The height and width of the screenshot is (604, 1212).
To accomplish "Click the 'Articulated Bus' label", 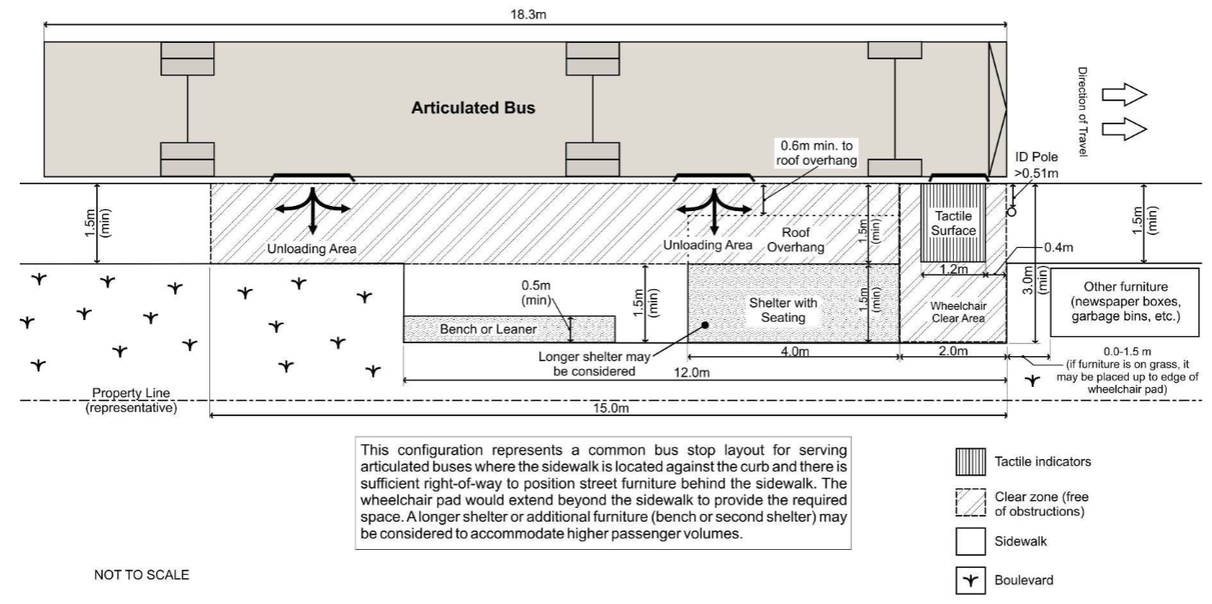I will (x=472, y=109).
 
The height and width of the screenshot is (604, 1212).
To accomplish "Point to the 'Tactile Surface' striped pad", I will (x=953, y=223).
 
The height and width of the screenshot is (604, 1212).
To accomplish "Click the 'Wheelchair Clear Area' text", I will (x=954, y=311).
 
